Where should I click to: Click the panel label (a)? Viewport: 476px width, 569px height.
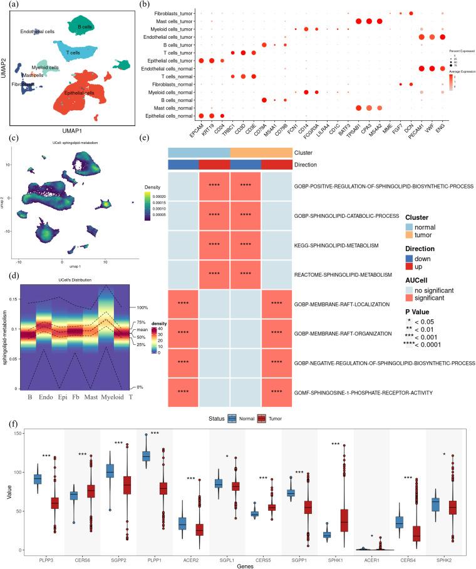(10, 6)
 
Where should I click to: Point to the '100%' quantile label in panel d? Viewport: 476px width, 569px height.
(138, 307)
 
